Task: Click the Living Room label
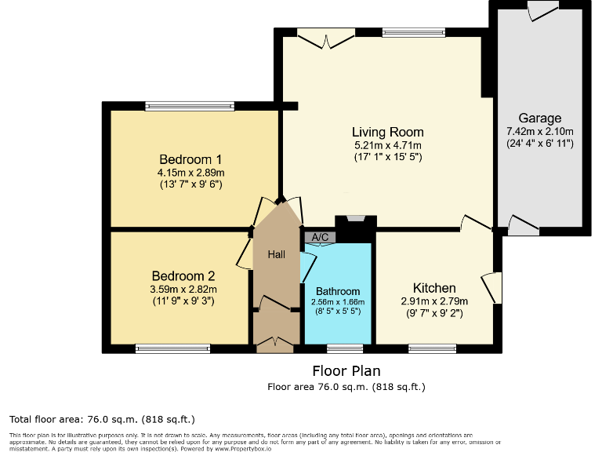[x=387, y=132]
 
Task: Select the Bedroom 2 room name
[x=183, y=276]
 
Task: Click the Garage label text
[x=539, y=118]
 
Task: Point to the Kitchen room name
[x=433, y=288]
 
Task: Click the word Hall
[x=277, y=254]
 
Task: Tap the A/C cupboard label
[x=320, y=237]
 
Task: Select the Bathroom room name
[x=338, y=291]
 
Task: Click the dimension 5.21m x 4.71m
[x=387, y=145]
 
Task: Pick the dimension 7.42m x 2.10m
[x=539, y=132]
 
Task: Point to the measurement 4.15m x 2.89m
[x=190, y=172]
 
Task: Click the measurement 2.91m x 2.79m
[x=433, y=301]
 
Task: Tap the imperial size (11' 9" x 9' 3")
[x=183, y=301]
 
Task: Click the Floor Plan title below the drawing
[x=346, y=370]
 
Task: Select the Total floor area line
[x=101, y=419]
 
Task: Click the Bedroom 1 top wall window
[x=190, y=106]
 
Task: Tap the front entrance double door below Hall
[x=276, y=342]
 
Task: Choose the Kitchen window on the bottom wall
[x=432, y=348]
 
